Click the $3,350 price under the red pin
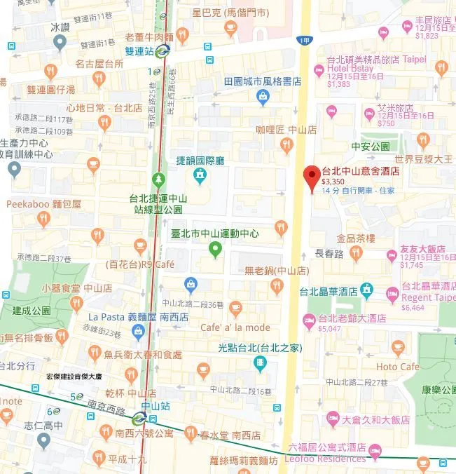tap(335, 181)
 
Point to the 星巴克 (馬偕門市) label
tap(230, 12)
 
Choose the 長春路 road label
tap(329, 253)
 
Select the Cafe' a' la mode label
tap(235, 327)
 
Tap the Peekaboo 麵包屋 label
tap(44, 204)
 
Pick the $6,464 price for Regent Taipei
tap(413, 307)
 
